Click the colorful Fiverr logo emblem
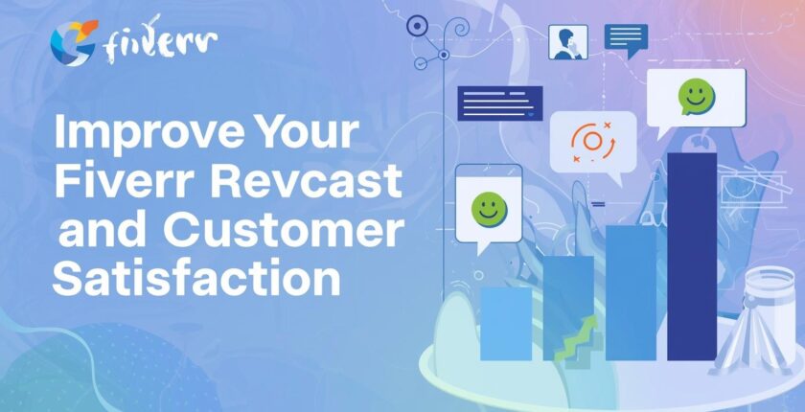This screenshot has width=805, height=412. pos(73,42)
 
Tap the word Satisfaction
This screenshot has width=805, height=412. pos(196,280)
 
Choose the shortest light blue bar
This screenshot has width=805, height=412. pos(506,323)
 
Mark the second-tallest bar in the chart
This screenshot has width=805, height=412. pos(631,292)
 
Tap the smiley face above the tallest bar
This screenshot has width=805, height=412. pos(697,97)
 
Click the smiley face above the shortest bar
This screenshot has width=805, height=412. pos(489,209)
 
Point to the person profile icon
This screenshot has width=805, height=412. pos(567,42)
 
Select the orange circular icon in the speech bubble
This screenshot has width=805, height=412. pos(591,143)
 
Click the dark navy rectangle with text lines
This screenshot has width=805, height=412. pos(500,103)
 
